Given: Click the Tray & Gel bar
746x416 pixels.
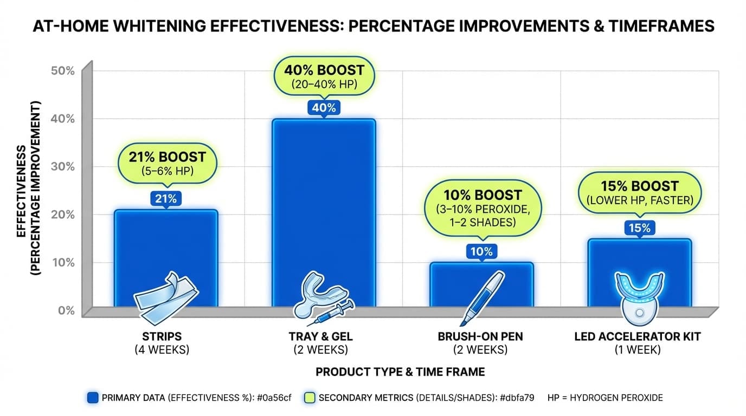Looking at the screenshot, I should pyautogui.click(x=324, y=206).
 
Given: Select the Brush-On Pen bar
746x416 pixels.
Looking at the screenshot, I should pyautogui.click(x=481, y=282).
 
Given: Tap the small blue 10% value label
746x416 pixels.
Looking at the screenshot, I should pyautogui.click(x=481, y=251).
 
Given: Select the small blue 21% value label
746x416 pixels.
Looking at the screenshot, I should pyautogui.click(x=166, y=199).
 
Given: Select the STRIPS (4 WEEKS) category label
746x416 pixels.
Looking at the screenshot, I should pyautogui.click(x=162, y=343).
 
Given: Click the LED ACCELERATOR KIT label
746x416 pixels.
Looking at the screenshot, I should pyautogui.click(x=638, y=336).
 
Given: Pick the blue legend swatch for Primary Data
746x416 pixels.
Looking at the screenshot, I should pyautogui.click(x=92, y=398).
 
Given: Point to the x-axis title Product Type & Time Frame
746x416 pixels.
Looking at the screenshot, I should pyautogui.click(x=400, y=372).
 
